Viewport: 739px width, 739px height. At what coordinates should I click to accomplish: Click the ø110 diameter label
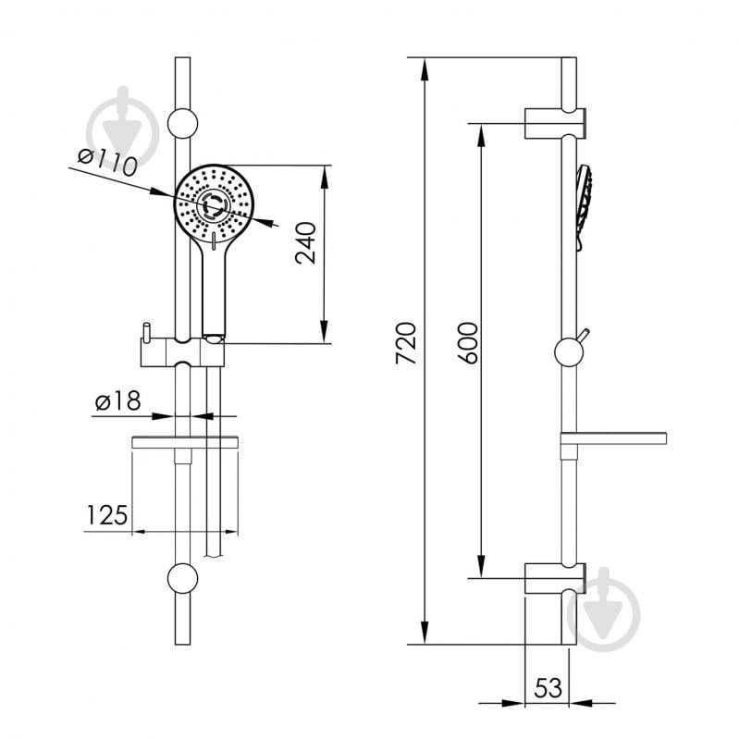click(107, 162)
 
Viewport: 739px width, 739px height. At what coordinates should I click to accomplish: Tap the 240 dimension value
click(305, 243)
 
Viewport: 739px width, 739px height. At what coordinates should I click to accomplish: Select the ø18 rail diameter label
click(117, 401)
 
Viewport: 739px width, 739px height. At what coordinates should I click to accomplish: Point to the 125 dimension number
click(107, 514)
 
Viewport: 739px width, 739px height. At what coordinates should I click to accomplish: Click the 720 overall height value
click(406, 343)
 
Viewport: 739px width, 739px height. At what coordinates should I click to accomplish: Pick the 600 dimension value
click(468, 343)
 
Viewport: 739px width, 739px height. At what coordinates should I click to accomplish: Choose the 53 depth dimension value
click(548, 687)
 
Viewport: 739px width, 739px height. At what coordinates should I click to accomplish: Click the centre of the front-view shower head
click(214, 204)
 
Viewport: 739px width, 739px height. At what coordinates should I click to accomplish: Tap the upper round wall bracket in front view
click(183, 124)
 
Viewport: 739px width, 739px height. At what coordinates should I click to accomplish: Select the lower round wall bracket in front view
click(183, 578)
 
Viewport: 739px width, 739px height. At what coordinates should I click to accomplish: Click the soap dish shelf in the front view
click(185, 442)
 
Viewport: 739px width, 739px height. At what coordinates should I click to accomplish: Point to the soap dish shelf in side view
click(613, 438)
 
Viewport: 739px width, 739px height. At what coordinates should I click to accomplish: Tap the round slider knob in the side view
click(570, 352)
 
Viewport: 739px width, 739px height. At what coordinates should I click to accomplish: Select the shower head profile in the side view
click(584, 207)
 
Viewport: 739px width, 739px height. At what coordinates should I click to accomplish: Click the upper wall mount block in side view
click(555, 124)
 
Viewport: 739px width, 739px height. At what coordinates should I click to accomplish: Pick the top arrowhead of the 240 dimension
click(325, 178)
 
